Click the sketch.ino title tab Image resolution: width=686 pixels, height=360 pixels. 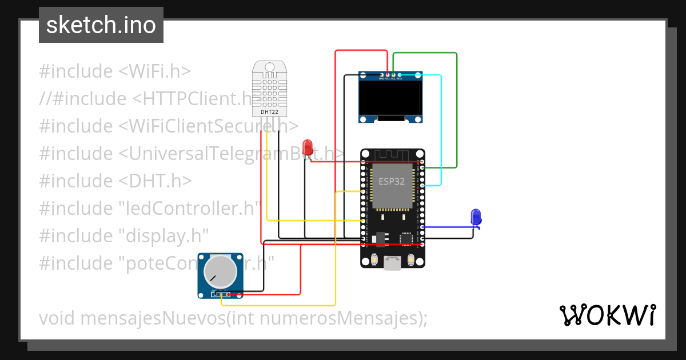tap(101, 25)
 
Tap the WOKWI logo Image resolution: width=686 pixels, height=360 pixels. tap(608, 315)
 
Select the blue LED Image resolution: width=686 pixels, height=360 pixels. tap(476, 216)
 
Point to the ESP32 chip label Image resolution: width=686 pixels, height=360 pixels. tap(392, 181)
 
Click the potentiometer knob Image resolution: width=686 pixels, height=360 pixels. tap(220, 271)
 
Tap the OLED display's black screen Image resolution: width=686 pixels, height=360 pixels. tap(390, 97)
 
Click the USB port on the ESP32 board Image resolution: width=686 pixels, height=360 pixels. tap(393, 263)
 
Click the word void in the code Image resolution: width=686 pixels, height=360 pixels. tap(57, 318)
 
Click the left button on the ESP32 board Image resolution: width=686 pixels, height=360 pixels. tap(374, 261)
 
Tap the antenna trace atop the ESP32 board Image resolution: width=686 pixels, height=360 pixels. tap(393, 155)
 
